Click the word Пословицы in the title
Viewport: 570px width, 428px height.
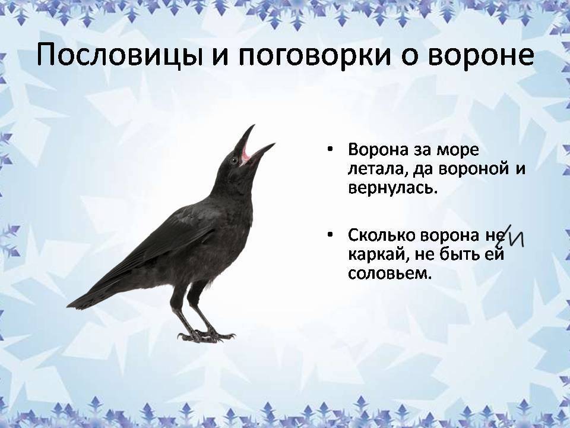(x=119, y=55)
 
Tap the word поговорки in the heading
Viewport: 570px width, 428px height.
(x=314, y=56)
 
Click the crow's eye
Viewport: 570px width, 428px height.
(x=233, y=160)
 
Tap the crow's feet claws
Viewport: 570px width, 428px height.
(x=206, y=336)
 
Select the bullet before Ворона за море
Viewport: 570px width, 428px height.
(x=330, y=150)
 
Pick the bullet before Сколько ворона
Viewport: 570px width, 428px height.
(x=330, y=235)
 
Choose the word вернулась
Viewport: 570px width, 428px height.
(x=392, y=188)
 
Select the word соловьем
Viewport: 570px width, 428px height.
(x=389, y=273)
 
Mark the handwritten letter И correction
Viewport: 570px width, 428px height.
(x=515, y=239)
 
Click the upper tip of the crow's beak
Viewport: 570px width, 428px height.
(x=254, y=125)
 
